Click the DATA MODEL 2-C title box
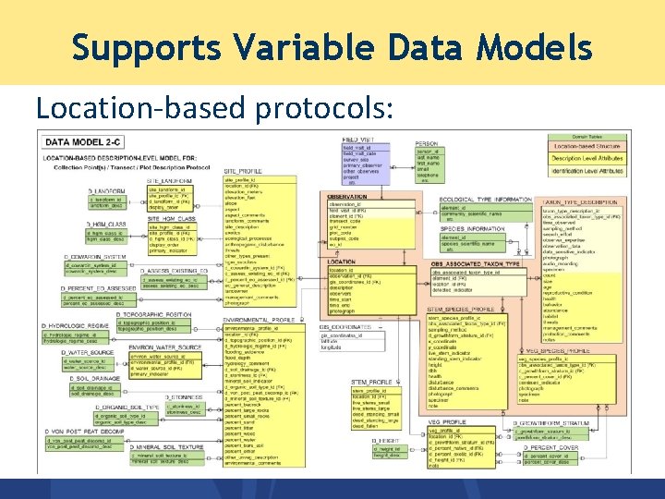point(84,142)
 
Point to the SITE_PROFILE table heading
point(243,171)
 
